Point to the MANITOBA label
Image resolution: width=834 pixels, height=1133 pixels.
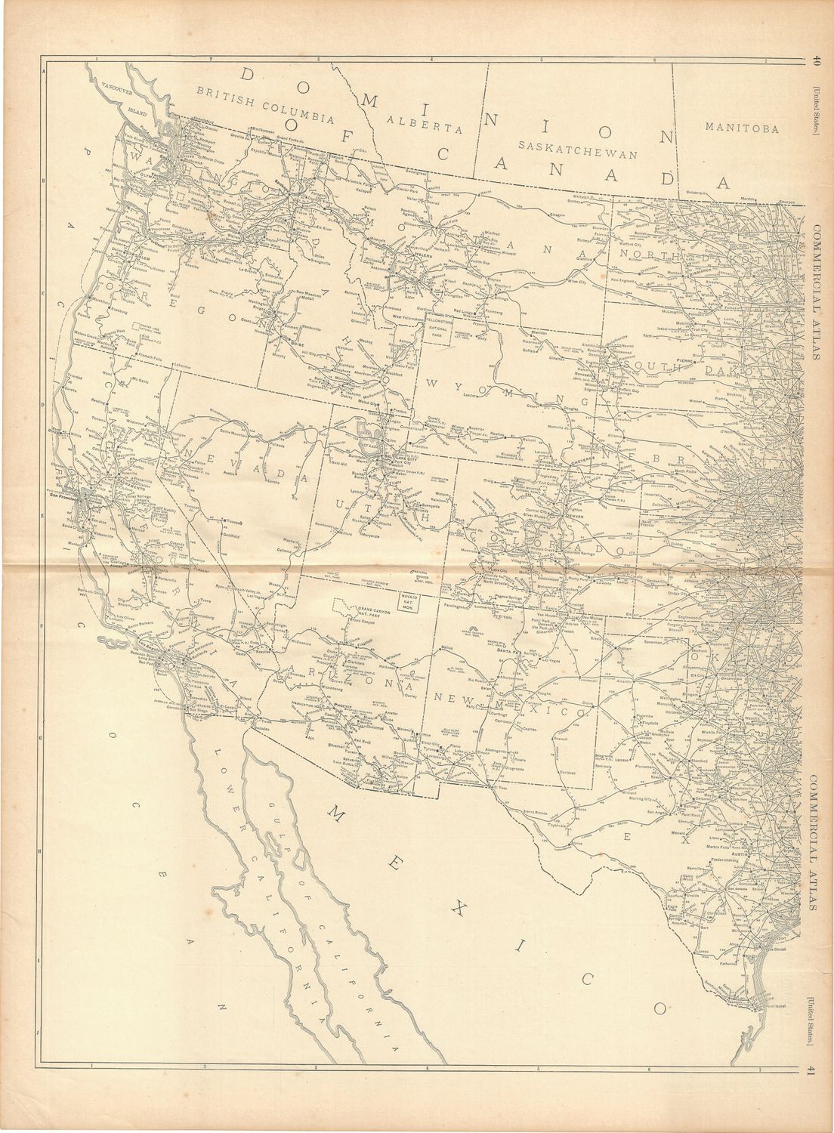(x=740, y=129)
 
